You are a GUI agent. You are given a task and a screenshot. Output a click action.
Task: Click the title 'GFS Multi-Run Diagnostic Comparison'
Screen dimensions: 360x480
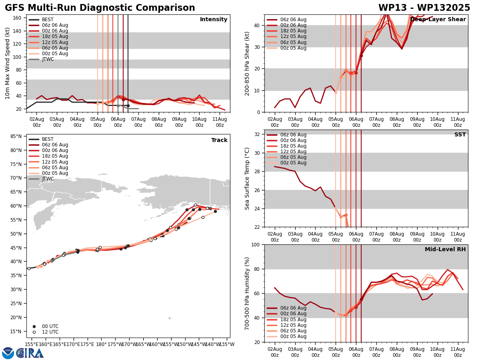coord(100,8)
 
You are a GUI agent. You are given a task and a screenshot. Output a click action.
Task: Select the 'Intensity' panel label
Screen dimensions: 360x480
coord(214,20)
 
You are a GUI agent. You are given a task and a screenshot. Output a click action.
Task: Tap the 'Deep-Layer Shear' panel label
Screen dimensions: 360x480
coord(438,20)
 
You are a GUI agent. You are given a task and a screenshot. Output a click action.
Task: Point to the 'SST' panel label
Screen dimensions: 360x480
coord(460,135)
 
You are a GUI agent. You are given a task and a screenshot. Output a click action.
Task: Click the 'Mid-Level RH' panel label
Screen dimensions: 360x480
coord(445,250)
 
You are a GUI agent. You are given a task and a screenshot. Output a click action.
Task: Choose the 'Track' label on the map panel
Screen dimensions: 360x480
coord(219,140)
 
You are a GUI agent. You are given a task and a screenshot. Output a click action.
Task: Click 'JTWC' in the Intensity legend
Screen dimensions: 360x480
coord(48,59)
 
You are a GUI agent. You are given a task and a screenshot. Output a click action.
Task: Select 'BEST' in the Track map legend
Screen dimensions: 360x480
coord(48,139)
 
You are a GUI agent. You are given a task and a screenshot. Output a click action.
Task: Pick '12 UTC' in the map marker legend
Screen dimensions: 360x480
coord(50,332)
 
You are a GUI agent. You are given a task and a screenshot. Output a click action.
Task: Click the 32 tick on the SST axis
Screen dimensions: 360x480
coord(258,134)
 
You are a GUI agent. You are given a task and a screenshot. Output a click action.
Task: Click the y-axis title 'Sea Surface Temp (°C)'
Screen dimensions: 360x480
coord(247,178)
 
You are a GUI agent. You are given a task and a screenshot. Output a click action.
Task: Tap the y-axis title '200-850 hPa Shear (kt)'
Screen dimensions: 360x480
coord(247,63)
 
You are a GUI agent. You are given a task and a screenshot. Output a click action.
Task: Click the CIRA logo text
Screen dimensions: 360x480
coord(30,353)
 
